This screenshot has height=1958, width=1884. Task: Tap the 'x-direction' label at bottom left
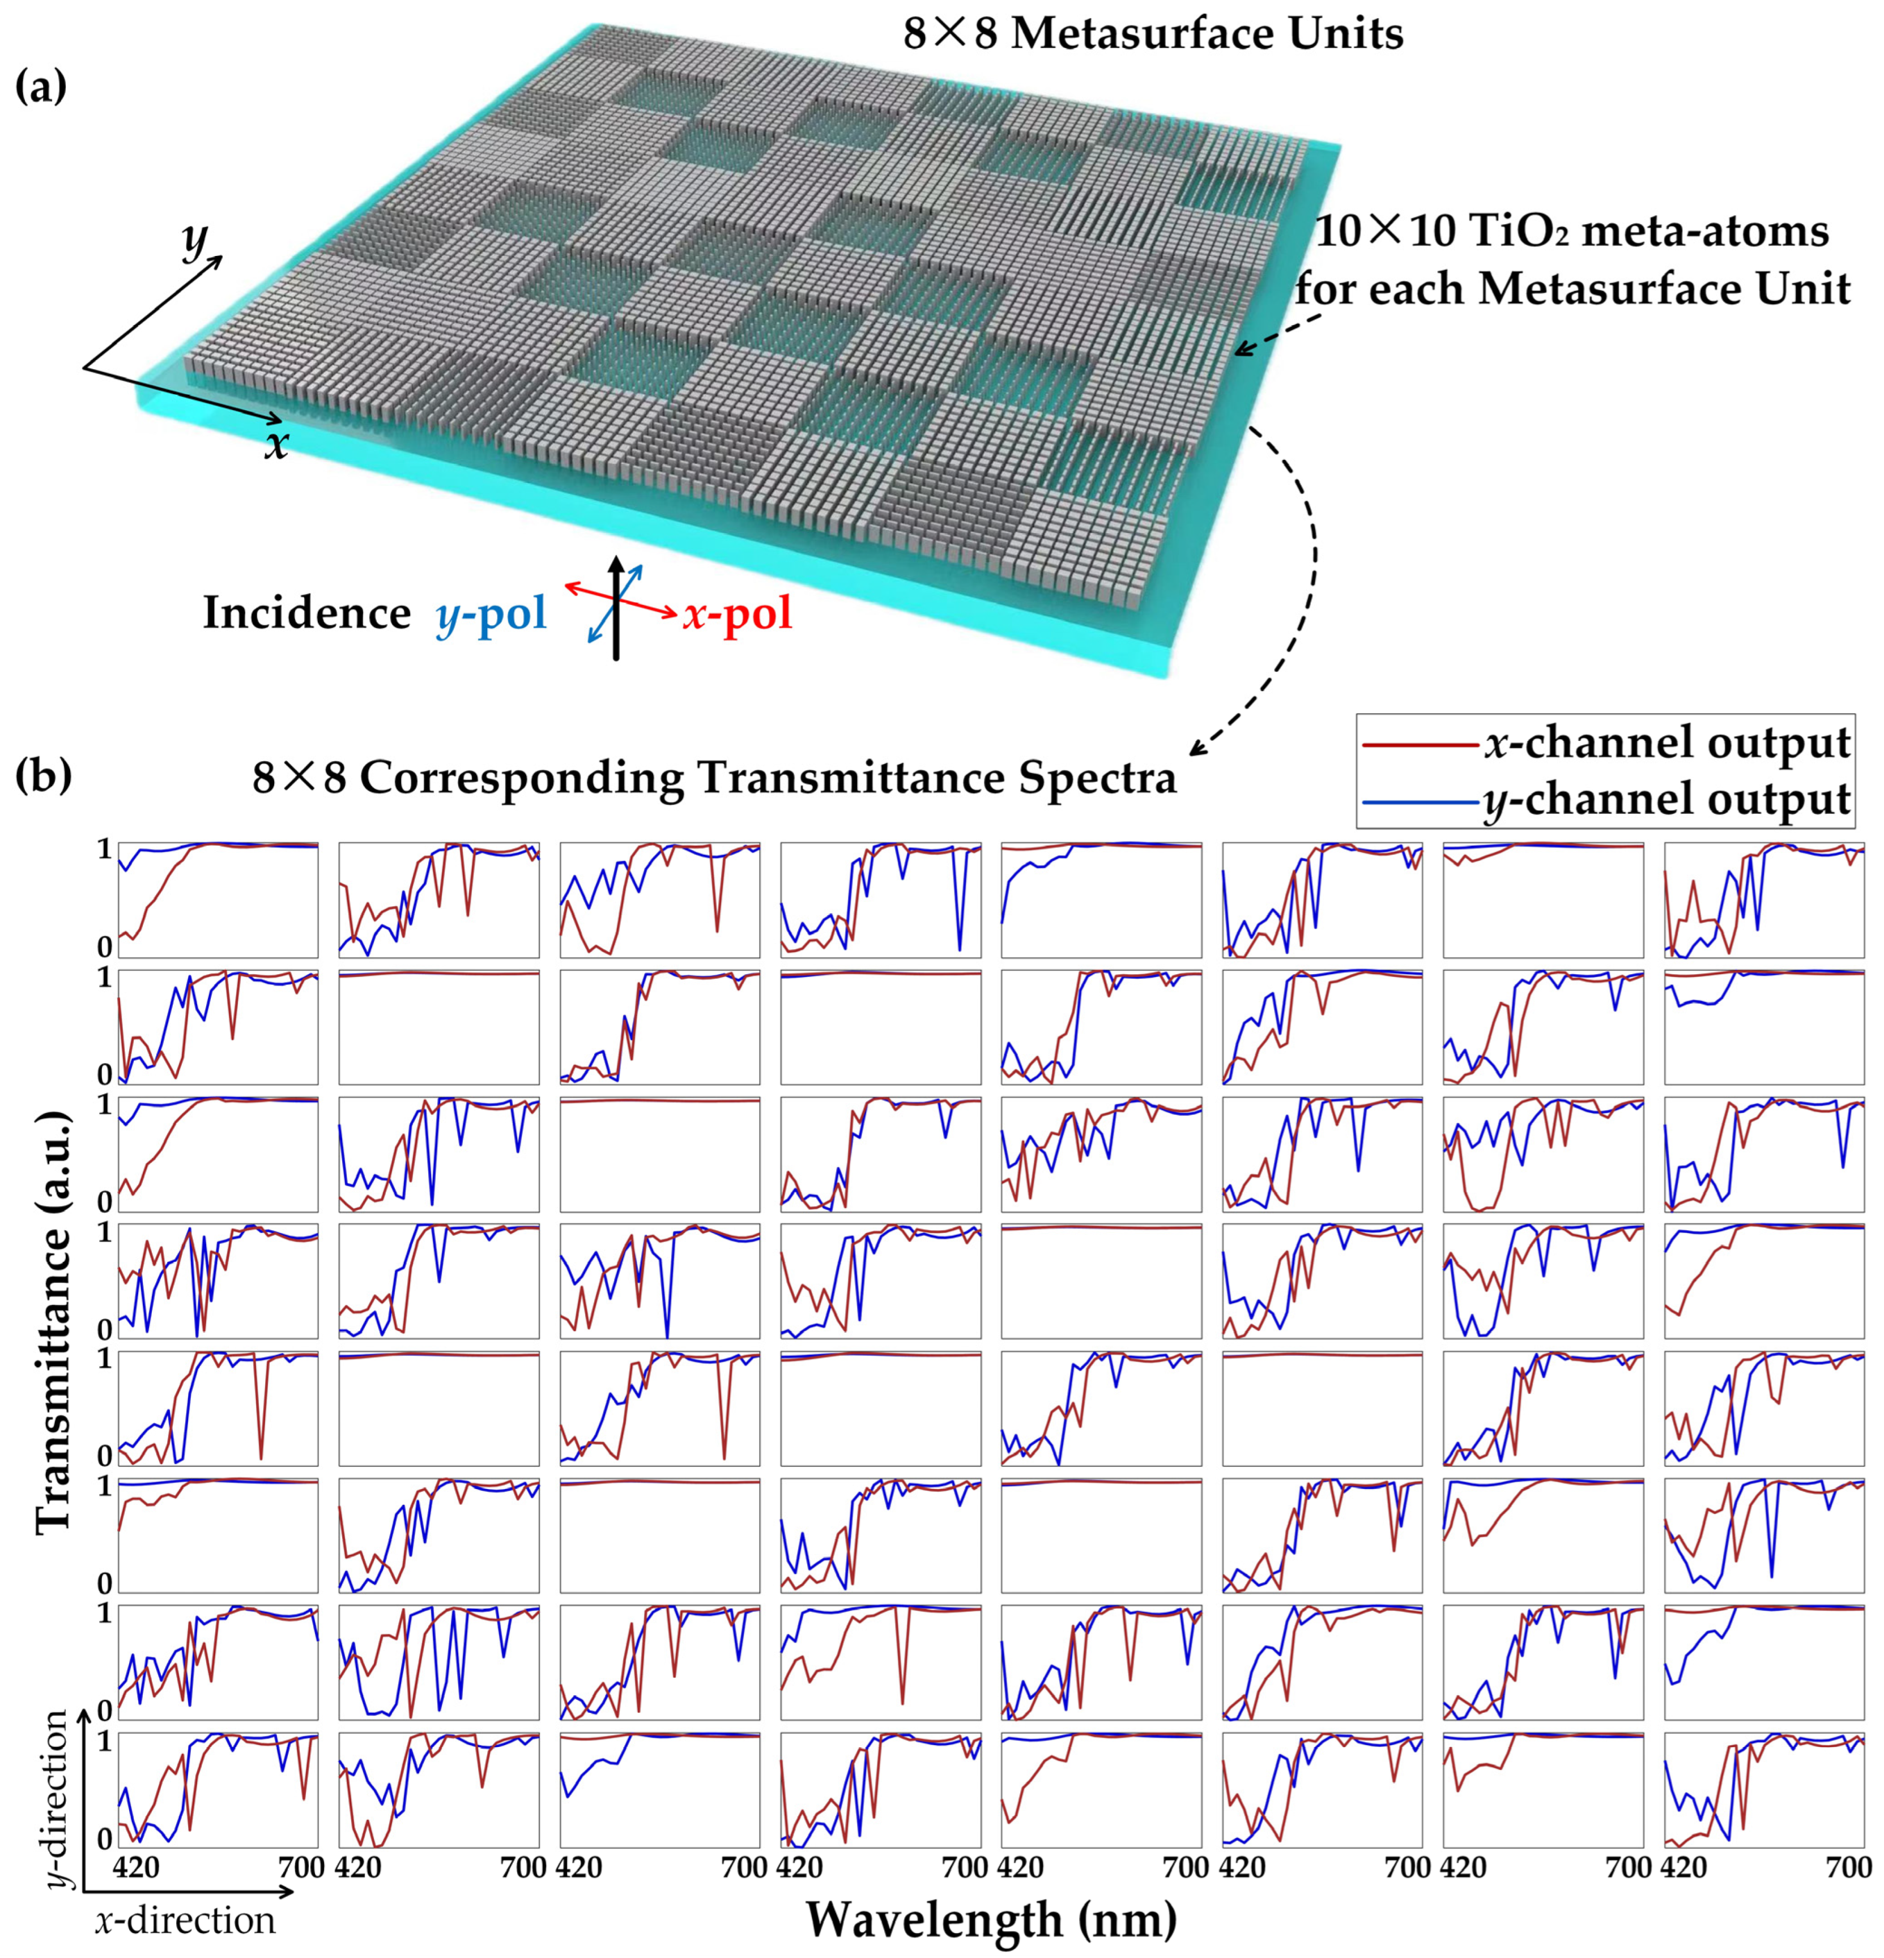tap(185, 1919)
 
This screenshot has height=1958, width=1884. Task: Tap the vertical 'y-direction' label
tap(58, 1798)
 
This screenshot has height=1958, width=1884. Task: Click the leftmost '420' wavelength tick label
tap(138, 1867)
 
